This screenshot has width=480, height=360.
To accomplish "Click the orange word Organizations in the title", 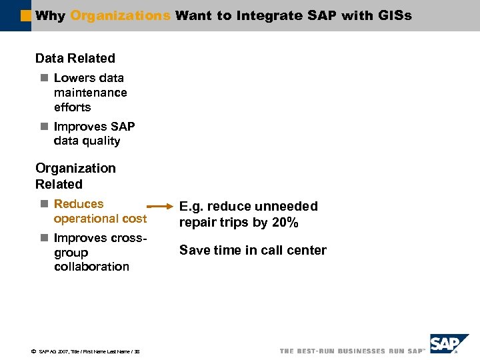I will (x=120, y=15).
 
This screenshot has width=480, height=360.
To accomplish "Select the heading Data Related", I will (x=75, y=59).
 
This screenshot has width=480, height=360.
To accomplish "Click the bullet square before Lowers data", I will (x=44, y=78).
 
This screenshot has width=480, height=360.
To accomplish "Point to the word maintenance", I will (x=90, y=93).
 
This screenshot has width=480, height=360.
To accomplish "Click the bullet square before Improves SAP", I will (x=44, y=127).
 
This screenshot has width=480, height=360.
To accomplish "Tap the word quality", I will (x=103, y=141).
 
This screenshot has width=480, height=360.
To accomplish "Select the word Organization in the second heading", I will (x=75, y=169).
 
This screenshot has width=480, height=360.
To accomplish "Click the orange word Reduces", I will (x=79, y=204).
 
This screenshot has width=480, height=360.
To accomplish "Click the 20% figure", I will (x=285, y=223).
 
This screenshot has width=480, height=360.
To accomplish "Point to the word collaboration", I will (x=91, y=267).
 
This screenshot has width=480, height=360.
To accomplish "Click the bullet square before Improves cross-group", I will (x=44, y=238).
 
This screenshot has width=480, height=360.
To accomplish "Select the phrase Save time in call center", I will (x=253, y=251).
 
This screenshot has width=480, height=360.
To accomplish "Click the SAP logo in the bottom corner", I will (x=449, y=344).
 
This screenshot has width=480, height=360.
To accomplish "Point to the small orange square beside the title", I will (x=26, y=15).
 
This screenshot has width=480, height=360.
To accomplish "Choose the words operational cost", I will (x=100, y=219).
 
